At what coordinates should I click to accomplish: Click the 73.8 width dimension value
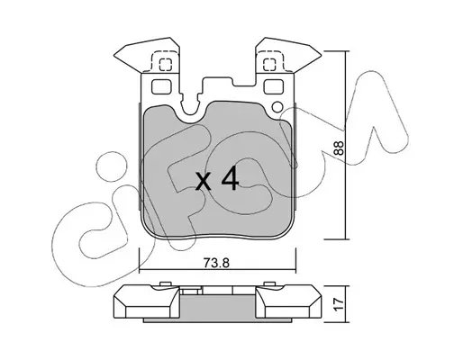216,263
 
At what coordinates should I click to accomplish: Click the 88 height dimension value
339,148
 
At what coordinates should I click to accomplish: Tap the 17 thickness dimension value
339,304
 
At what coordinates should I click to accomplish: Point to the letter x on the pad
204,182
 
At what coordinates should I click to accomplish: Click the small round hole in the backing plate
277,107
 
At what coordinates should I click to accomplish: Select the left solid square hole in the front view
161,86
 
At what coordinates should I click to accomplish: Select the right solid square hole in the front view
274,86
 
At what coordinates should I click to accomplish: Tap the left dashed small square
166,65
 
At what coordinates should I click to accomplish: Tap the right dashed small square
269,65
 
